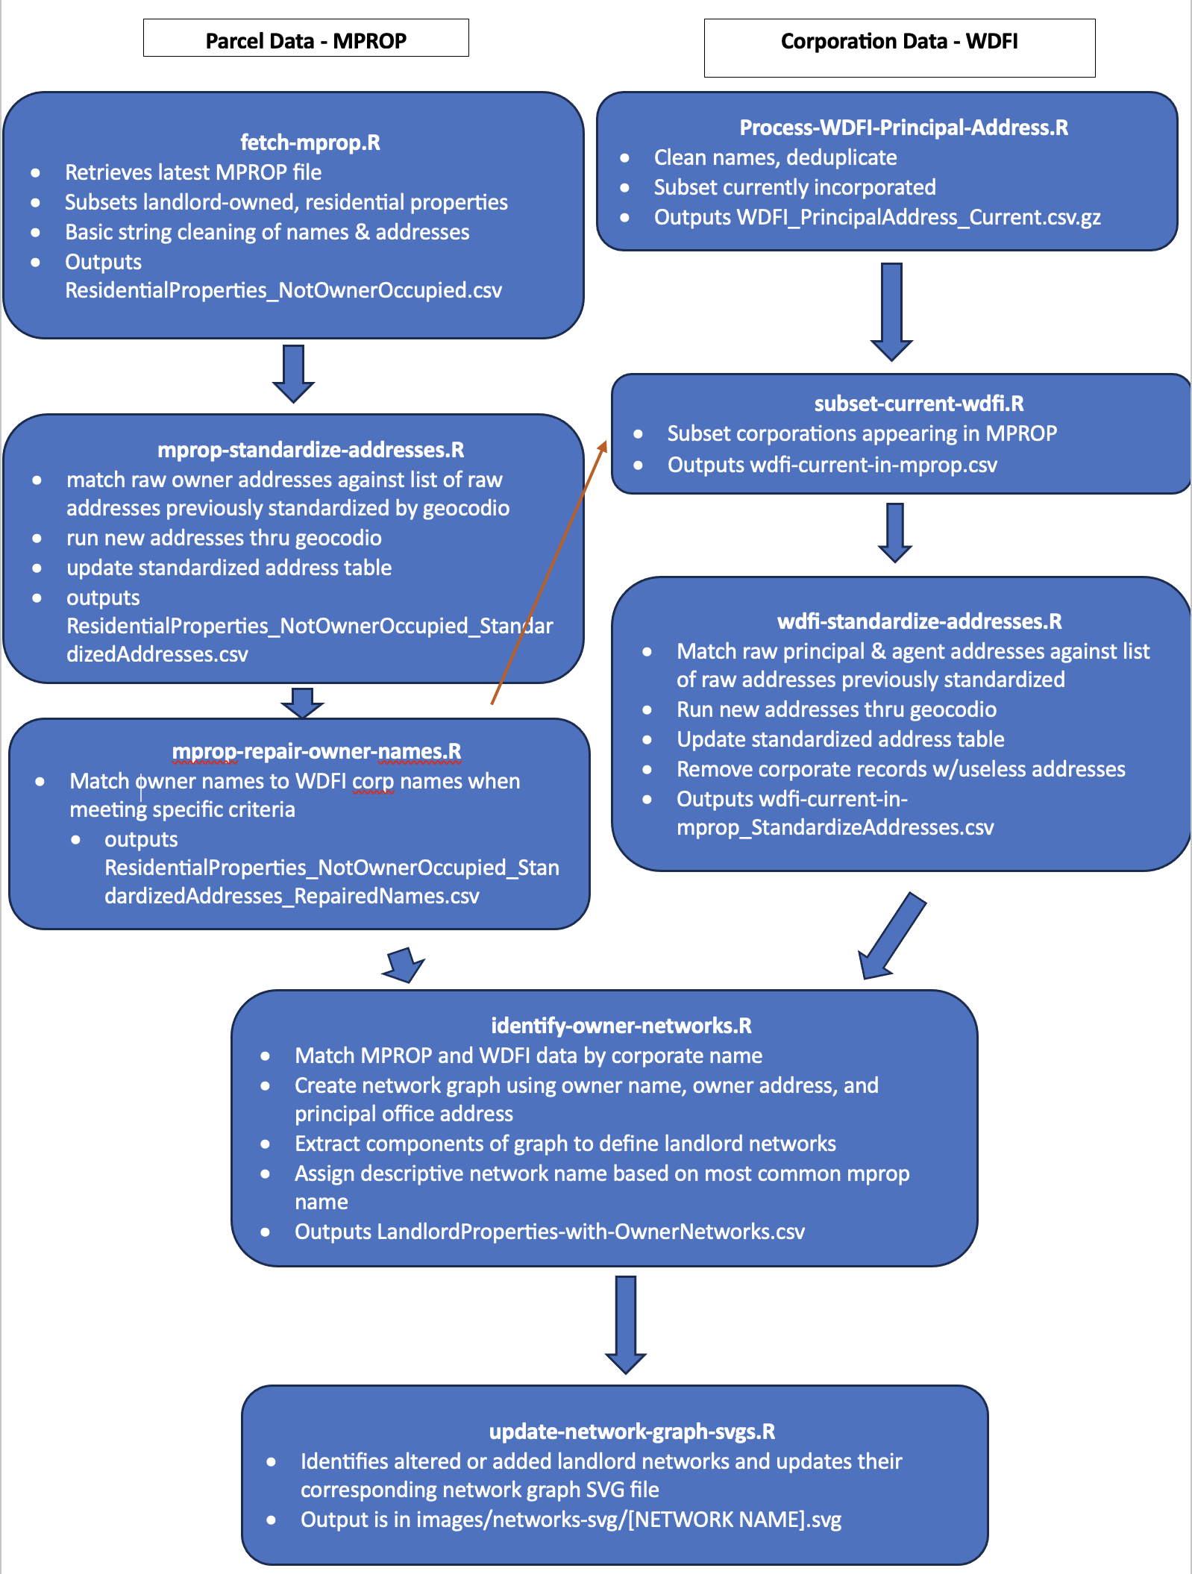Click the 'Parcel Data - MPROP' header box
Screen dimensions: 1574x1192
point(306,38)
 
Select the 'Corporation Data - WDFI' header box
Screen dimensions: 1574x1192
point(899,47)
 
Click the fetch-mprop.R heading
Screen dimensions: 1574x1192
point(310,142)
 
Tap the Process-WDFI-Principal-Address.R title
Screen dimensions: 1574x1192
point(903,128)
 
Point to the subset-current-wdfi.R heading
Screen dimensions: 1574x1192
point(918,404)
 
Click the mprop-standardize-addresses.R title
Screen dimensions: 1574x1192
point(310,450)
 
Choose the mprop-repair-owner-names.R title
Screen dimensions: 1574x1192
point(316,751)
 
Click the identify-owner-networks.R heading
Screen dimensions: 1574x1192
point(621,1026)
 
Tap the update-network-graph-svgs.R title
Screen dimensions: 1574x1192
point(632,1432)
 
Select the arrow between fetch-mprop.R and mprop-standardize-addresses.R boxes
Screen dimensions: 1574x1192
point(293,373)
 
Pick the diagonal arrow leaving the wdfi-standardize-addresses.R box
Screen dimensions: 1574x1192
point(891,936)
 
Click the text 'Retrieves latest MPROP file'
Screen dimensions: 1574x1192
point(193,172)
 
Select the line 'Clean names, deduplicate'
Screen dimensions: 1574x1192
point(775,157)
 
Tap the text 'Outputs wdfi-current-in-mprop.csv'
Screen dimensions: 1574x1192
point(832,465)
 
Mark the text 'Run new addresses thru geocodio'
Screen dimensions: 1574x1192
point(836,709)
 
